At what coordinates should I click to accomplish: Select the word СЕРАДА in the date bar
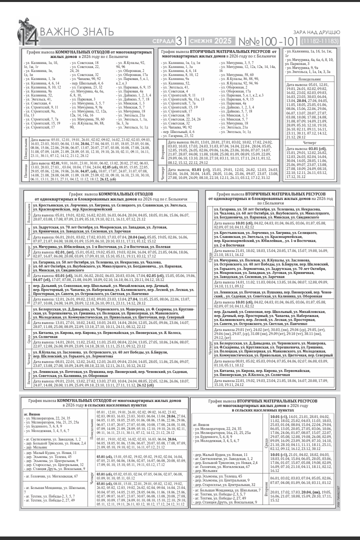point(163,41)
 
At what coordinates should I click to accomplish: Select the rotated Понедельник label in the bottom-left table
point(93,424)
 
